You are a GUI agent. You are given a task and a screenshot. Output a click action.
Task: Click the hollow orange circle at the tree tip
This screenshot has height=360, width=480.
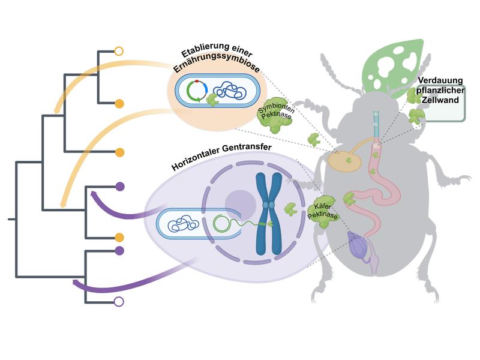119,51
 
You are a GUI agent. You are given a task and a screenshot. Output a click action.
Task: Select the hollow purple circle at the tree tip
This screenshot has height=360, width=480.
119,302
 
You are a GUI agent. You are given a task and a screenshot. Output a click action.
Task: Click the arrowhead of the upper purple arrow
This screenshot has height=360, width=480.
94,193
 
